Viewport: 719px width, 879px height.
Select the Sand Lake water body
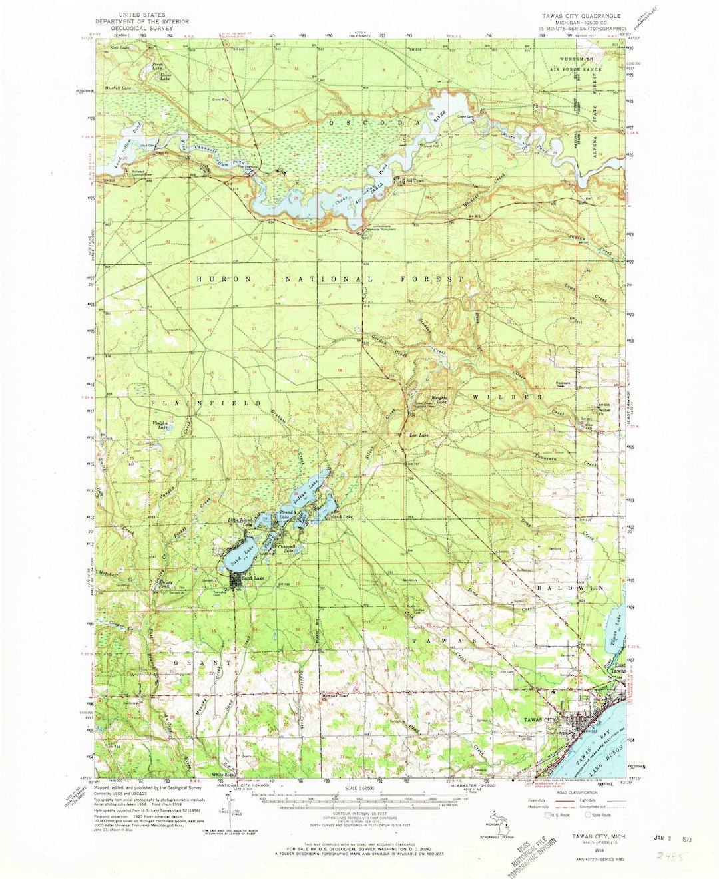pyautogui.click(x=238, y=558)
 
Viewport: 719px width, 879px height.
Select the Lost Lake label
pyautogui.click(x=418, y=435)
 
